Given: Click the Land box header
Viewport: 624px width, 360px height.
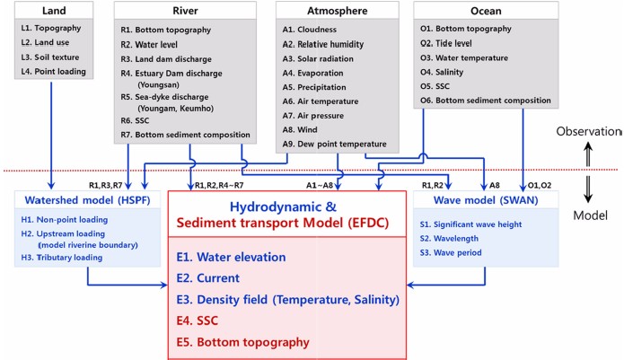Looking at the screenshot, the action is point(54,11).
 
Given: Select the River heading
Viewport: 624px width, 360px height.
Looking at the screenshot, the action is point(185,11).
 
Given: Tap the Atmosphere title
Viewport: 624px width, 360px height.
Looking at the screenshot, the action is point(337,11).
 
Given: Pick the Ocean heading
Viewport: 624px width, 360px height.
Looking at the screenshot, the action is point(486,11).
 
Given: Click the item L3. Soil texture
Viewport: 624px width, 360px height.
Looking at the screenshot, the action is point(50,57).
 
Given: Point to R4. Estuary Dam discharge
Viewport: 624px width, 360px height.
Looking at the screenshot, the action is point(171,74).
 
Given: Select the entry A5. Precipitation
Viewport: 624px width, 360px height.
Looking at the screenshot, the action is point(314,87).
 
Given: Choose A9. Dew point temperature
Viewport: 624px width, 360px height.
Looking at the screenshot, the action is point(334,144).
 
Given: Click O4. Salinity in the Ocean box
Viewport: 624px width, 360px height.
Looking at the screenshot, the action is point(442,72).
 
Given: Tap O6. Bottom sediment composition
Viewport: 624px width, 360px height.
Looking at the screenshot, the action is point(486,101).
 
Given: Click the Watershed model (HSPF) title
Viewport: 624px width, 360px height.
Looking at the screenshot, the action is point(88,199).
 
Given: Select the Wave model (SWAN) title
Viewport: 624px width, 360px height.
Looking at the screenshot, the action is point(486,199).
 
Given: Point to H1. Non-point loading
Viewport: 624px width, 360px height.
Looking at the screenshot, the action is point(65,220).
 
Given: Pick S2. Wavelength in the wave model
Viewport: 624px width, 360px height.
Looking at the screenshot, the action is point(449,238).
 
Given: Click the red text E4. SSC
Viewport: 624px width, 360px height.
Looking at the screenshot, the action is point(198,320).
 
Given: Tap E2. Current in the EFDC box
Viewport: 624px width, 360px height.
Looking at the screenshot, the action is point(208,277).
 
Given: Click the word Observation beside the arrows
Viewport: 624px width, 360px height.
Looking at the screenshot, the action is point(588,131).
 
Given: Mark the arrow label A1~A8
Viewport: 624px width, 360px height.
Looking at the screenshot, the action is point(320,185).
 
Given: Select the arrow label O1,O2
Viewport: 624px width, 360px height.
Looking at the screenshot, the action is point(540,185).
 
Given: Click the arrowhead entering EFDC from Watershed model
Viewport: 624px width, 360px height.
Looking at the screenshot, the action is point(163,285).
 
